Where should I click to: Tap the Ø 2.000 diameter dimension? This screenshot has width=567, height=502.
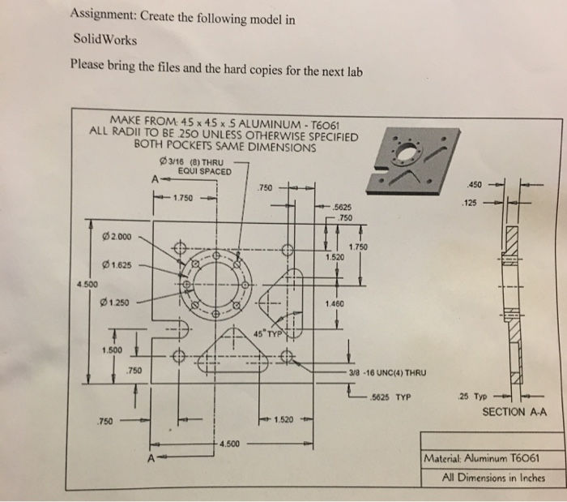(x=119, y=236)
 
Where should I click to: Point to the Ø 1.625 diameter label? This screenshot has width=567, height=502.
(x=119, y=264)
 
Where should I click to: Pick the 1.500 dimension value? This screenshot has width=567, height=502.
(x=113, y=350)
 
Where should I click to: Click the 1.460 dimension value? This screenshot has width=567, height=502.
(x=334, y=303)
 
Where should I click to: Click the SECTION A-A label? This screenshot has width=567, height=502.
(x=514, y=411)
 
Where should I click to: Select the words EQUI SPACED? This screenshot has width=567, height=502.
(x=204, y=171)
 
